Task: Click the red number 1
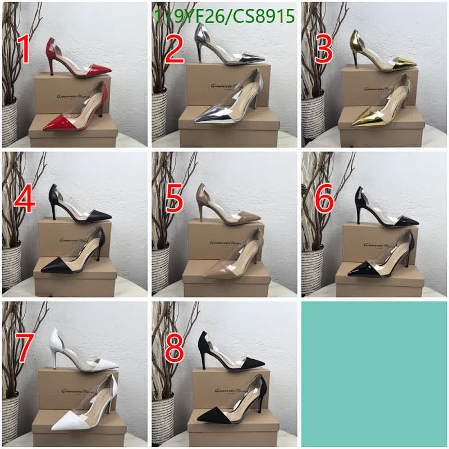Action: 24,49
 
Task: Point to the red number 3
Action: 324,49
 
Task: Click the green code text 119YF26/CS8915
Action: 224,17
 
